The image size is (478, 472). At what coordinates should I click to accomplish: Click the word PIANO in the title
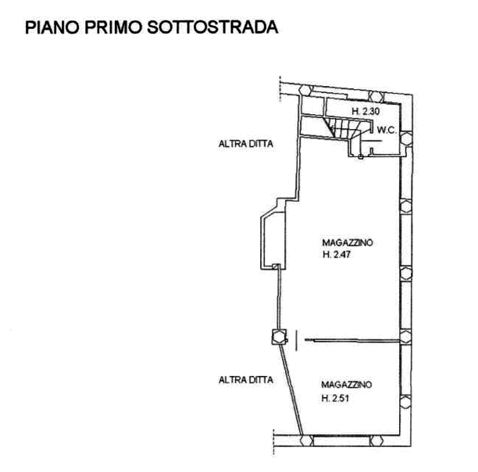tap(52, 27)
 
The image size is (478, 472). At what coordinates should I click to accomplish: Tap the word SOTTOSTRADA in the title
tap(212, 27)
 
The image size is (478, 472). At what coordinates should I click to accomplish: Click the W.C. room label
tap(387, 131)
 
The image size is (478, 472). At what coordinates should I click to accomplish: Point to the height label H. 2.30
tap(366, 111)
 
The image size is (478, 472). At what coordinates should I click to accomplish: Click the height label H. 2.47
tap(337, 254)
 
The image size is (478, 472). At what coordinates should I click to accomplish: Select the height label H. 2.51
tap(335, 398)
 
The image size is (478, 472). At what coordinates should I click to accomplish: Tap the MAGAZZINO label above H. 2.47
tap(348, 243)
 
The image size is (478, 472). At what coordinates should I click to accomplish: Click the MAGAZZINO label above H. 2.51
tap(347, 384)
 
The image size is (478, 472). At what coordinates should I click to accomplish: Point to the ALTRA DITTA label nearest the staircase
tap(246, 144)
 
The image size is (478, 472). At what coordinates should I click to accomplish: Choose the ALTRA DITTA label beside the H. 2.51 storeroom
tap(246, 380)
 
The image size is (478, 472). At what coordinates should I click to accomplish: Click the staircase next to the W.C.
tap(344, 128)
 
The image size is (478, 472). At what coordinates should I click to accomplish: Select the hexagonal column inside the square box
tap(279, 337)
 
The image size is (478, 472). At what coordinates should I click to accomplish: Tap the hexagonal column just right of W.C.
tap(405, 138)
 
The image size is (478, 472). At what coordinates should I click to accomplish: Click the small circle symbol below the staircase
tap(361, 157)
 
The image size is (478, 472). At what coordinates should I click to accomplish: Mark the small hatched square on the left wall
tap(276, 266)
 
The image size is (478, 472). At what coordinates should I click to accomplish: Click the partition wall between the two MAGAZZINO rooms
tap(352, 341)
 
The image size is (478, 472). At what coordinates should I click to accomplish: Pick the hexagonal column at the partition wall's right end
tap(405, 338)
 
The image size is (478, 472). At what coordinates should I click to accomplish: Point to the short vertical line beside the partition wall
tap(297, 341)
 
